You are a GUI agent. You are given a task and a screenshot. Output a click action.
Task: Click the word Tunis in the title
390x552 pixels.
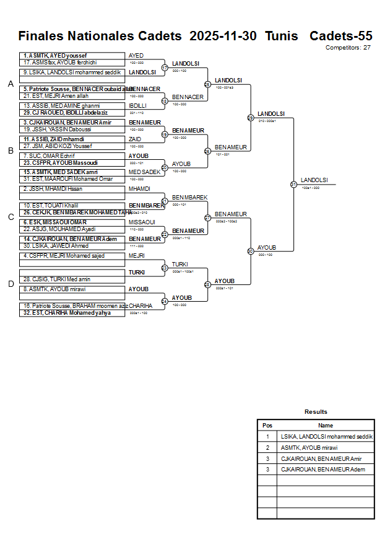(282, 36)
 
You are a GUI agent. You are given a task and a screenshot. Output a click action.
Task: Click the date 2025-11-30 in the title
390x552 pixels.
(223, 36)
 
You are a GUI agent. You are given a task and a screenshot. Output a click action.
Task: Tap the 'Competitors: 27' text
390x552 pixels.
(348, 47)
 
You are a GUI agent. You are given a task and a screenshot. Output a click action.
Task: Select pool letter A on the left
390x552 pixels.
(11, 84)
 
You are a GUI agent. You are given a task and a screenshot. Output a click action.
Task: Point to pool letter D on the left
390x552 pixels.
(11, 284)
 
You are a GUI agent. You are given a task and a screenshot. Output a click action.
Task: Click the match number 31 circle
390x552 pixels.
(293, 184)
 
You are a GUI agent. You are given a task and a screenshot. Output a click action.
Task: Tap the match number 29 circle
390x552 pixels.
(250, 117)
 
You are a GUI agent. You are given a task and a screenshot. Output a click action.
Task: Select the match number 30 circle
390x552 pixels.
(250, 251)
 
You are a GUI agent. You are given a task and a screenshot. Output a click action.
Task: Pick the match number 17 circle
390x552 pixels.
(165, 68)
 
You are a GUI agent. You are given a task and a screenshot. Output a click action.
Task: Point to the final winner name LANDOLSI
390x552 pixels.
(314, 180)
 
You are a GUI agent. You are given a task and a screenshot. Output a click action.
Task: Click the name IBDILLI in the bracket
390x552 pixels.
(137, 105)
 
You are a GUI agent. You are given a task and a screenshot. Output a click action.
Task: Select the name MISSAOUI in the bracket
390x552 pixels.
(141, 222)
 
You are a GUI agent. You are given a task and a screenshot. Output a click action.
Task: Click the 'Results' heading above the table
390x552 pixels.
(316, 412)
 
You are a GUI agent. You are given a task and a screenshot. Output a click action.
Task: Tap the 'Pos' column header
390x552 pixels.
(267, 426)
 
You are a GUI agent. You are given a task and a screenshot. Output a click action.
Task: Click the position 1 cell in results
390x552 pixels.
(267, 437)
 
